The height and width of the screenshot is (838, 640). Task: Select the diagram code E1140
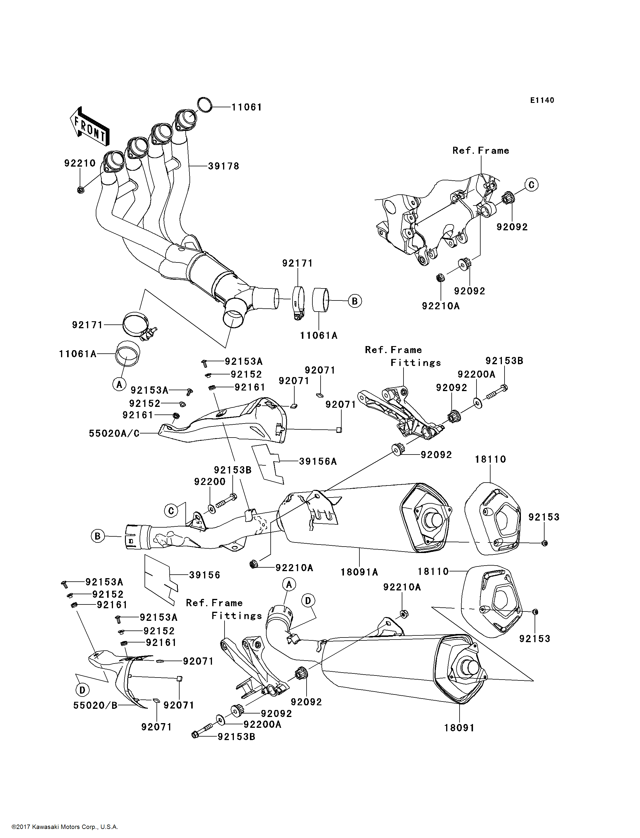tap(542, 100)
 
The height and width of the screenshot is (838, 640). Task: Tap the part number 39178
tap(224, 166)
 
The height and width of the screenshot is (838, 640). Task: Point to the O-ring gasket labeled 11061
tap(205, 105)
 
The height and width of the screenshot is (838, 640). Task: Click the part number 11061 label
tap(247, 107)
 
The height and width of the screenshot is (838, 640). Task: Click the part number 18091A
tap(359, 572)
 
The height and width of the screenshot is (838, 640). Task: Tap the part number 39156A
tap(318, 462)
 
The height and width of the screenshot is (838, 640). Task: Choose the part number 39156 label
tap(205, 575)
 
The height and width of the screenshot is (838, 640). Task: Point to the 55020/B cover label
tap(95, 705)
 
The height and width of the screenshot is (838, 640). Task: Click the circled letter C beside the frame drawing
tap(531, 185)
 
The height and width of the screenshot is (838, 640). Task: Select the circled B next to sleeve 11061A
tap(355, 301)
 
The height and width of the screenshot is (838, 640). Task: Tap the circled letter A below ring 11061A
tap(119, 384)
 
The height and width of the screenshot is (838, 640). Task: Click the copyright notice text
tap(65, 827)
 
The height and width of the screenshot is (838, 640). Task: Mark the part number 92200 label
tap(210, 482)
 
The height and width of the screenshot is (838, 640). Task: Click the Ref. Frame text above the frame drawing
tap(481, 151)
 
